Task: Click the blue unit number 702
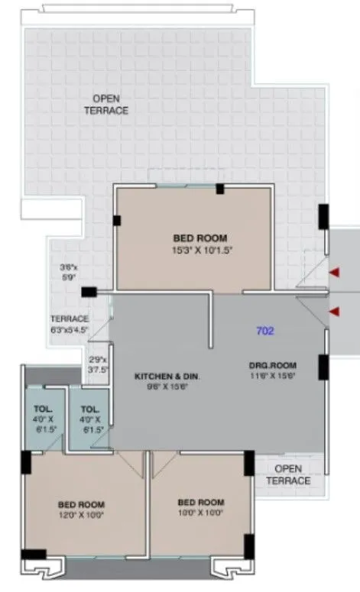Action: click(x=265, y=332)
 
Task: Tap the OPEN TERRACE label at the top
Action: click(x=110, y=105)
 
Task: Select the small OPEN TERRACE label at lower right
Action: click(x=288, y=474)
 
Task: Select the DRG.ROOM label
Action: click(x=271, y=365)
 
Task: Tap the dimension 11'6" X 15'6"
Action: click(x=271, y=375)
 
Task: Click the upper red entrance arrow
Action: click(x=334, y=273)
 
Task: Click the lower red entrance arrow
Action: click(x=334, y=311)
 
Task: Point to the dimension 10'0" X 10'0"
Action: click(x=200, y=513)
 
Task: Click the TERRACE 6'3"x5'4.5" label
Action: click(x=70, y=324)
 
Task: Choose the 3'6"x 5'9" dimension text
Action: click(x=70, y=273)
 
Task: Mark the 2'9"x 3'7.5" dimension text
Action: click(x=98, y=364)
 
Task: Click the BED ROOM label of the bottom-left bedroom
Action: click(x=81, y=504)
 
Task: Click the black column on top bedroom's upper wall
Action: click(x=219, y=189)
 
